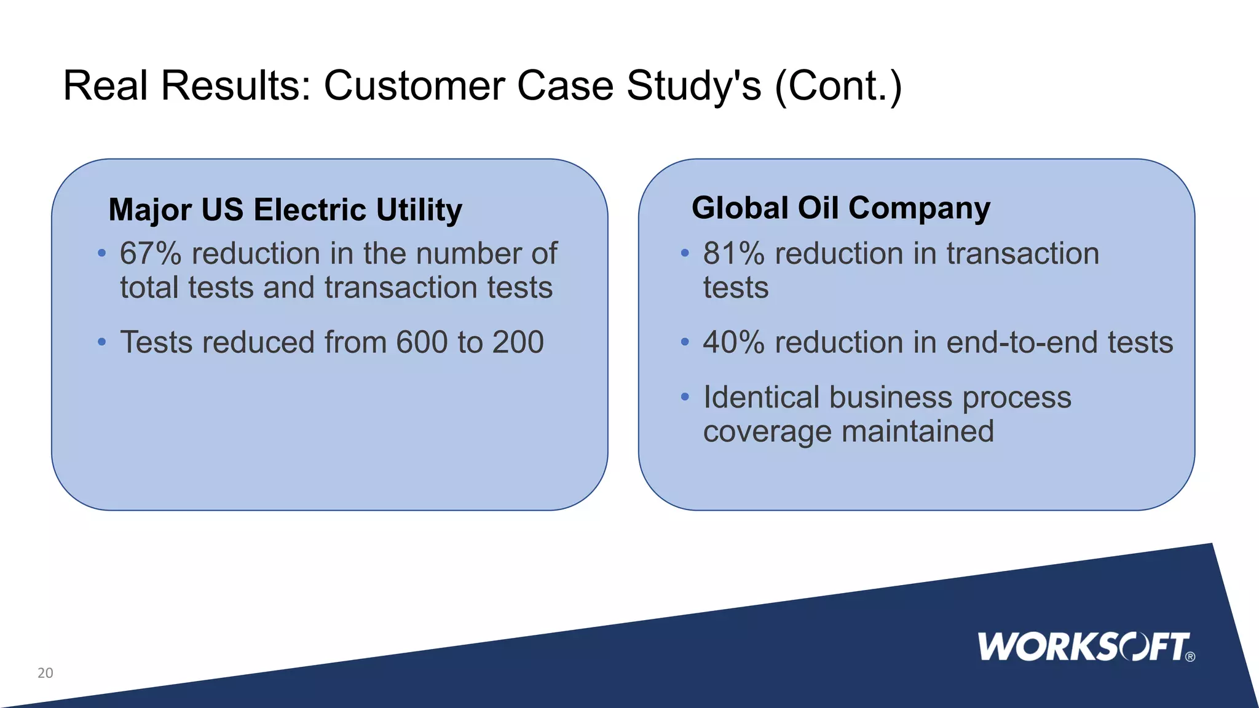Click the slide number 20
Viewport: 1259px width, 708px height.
tap(45, 673)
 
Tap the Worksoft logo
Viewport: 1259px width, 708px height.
tap(1084, 647)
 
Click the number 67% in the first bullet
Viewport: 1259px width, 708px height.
tap(151, 254)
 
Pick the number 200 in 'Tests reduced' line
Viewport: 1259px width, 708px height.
tap(518, 342)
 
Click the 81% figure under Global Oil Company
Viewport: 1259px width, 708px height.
tap(733, 254)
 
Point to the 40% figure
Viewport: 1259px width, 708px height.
tap(733, 342)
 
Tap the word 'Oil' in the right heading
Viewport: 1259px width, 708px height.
tap(818, 208)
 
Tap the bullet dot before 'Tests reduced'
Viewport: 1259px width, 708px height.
tap(102, 342)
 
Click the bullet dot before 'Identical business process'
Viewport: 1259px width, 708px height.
tap(685, 397)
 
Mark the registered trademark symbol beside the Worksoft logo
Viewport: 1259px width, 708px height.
tap(1190, 657)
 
